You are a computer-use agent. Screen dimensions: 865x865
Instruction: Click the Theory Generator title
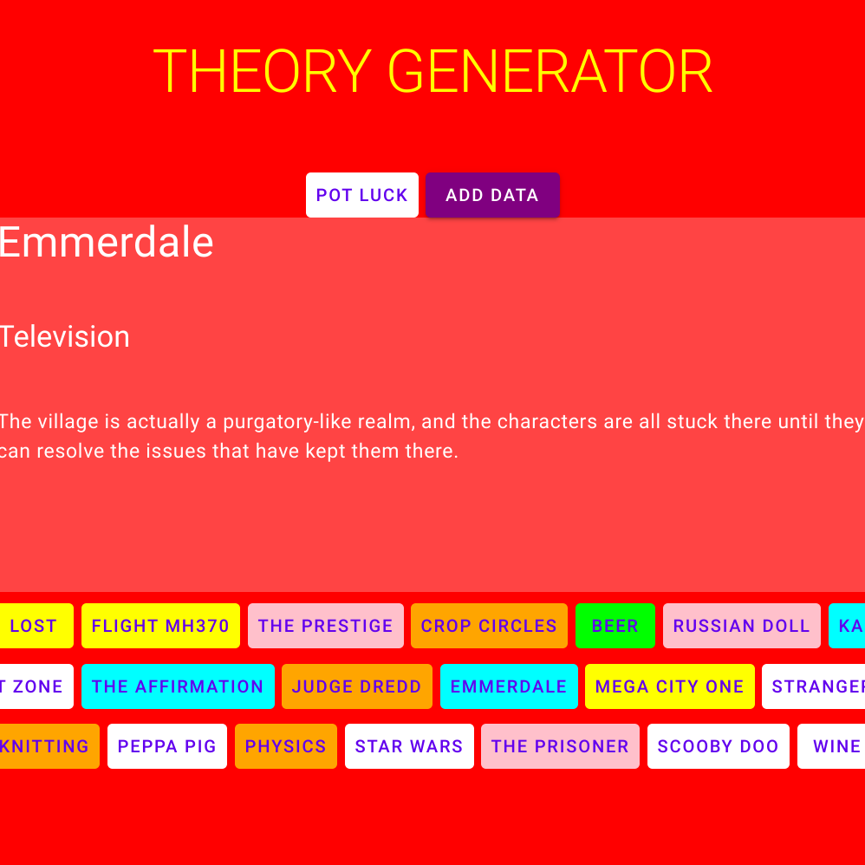(x=432, y=71)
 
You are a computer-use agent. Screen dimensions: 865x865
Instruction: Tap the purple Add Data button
(x=492, y=195)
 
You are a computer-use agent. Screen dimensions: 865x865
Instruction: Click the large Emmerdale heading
(x=106, y=242)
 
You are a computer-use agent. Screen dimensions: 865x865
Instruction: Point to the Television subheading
(x=64, y=336)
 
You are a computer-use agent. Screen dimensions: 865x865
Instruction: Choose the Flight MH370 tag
(x=160, y=626)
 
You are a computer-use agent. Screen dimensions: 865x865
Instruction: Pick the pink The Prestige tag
(x=325, y=626)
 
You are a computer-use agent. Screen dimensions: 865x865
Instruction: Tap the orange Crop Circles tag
(x=489, y=626)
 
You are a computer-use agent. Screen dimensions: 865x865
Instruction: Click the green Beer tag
(x=615, y=626)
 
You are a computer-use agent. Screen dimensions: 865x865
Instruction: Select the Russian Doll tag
(x=741, y=626)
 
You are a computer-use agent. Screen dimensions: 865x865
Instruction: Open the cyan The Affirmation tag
(x=178, y=686)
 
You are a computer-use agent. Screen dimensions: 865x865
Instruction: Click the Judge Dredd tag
(x=356, y=686)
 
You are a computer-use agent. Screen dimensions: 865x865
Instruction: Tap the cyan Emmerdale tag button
(x=508, y=686)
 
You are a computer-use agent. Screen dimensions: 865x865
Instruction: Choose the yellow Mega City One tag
(x=669, y=686)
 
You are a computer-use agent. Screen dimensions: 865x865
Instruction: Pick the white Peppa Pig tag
(x=166, y=746)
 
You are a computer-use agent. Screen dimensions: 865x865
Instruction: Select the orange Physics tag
(x=285, y=746)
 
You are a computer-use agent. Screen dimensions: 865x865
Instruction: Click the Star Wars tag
(x=409, y=746)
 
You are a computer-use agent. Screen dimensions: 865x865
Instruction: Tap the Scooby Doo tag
(x=718, y=746)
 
